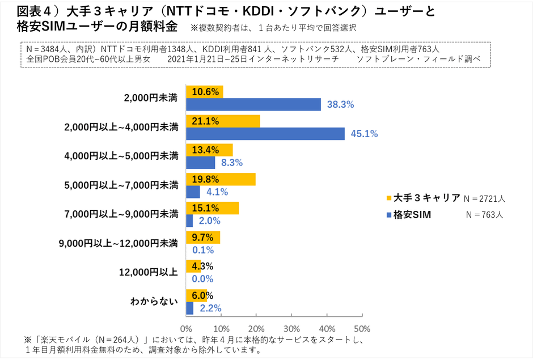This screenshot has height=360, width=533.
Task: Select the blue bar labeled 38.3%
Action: coord(253,104)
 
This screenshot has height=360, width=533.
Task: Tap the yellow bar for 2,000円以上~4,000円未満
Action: coord(223,121)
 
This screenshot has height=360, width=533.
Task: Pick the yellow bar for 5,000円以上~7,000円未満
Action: coord(221,180)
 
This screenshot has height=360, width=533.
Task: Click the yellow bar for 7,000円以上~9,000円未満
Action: coord(212,208)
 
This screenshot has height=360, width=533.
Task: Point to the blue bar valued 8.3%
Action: coord(201,163)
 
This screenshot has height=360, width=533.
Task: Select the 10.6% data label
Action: coord(205,92)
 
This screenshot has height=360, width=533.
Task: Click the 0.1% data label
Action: coord(202,250)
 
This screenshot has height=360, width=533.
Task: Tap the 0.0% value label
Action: coord(202,279)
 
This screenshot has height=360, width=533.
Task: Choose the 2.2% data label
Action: coord(209,308)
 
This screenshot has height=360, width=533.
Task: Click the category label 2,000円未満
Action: coord(150,98)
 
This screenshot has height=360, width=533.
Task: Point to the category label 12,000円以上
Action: coord(149,272)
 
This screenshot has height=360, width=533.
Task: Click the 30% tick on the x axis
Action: coord(291,329)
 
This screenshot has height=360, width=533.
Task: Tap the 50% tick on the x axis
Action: coord(362,329)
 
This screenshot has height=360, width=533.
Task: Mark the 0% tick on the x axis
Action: coord(186,329)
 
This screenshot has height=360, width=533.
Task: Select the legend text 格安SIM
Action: coord(412,215)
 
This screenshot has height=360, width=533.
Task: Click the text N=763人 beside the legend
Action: coord(485,215)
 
